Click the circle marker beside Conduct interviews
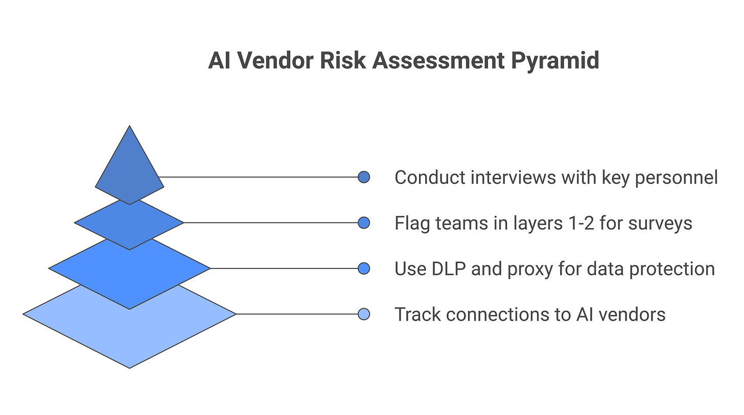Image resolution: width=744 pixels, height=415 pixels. coord(364,177)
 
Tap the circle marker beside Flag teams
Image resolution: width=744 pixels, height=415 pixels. coord(364,223)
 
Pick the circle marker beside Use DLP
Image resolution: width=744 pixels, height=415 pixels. coord(364,268)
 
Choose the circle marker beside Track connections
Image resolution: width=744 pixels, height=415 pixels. coord(364,314)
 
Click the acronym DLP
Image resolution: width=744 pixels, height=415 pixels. coord(448,268)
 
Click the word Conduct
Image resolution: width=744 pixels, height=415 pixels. coord(430,178)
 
